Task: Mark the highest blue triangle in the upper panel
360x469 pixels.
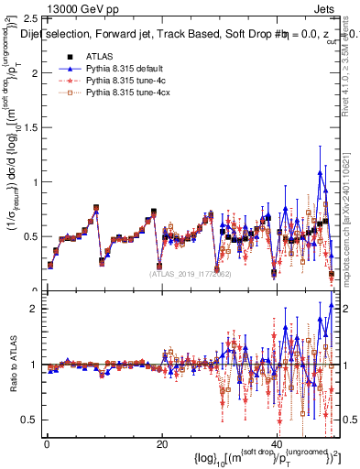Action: (320, 173)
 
